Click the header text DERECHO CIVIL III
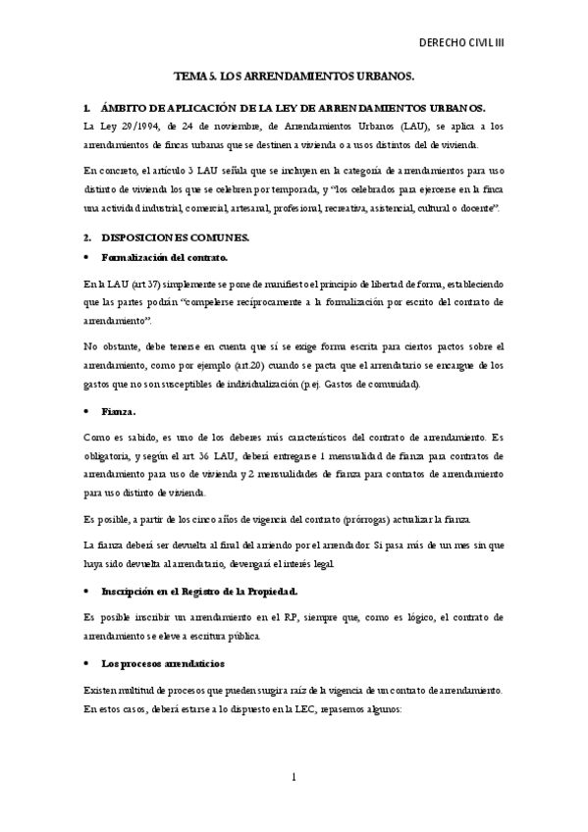(x=475, y=44)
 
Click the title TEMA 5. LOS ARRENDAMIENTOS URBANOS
(x=294, y=75)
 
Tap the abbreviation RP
(x=306, y=618)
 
